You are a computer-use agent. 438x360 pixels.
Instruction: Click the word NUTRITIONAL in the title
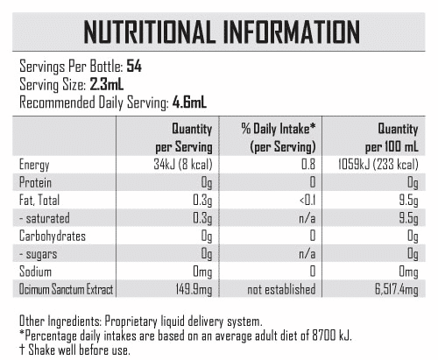tap(149, 32)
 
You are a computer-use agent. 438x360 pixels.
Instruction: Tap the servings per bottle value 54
tap(134, 67)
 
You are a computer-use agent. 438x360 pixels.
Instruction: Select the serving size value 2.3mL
tap(107, 85)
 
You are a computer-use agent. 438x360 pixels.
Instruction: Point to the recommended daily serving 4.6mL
tap(189, 102)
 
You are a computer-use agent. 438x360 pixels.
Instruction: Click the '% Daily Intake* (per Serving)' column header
tap(279, 138)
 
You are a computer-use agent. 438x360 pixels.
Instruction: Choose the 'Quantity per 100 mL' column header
tap(392, 138)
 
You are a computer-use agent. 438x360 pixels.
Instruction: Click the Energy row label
tap(34, 165)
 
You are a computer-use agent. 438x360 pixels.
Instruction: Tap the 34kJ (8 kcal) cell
tap(183, 165)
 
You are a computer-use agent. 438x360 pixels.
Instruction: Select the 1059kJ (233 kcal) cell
tap(378, 165)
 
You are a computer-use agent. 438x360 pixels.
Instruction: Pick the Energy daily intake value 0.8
tap(308, 165)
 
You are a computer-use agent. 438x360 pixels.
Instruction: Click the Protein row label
tap(35, 182)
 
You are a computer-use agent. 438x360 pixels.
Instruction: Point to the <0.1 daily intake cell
tap(307, 201)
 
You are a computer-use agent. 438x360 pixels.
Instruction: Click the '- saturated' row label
tap(45, 218)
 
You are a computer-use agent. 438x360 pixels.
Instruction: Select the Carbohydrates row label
tap(53, 236)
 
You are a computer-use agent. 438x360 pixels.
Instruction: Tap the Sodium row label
tap(35, 272)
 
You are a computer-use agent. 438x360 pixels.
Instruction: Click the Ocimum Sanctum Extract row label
tap(66, 289)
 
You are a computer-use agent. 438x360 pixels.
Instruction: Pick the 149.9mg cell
tap(194, 290)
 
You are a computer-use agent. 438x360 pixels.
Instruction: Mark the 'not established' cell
tap(281, 289)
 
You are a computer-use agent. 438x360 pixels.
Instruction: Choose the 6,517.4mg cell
tap(397, 290)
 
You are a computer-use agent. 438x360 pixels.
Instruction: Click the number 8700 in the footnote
tap(324, 335)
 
